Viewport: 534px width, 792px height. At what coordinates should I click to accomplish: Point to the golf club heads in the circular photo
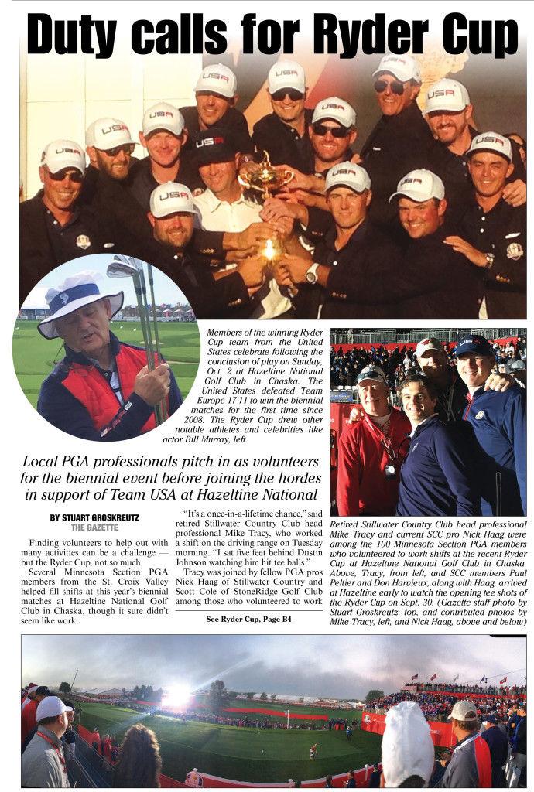coord(124,267)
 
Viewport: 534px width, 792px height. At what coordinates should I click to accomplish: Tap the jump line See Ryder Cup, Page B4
coord(249,619)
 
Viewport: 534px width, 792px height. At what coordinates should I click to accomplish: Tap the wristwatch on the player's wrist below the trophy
coord(312,273)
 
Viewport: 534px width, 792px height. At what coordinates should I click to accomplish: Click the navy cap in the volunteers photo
coord(473,346)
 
